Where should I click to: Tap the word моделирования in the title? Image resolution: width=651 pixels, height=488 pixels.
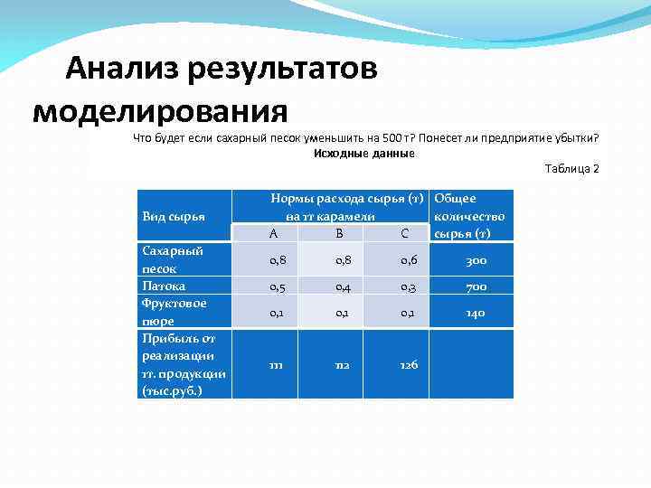tap(160, 111)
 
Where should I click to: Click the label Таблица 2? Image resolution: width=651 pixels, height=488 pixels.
tap(571, 169)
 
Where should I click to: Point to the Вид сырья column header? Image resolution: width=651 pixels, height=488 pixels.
tap(174, 216)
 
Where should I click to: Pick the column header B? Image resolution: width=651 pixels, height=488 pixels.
tap(339, 233)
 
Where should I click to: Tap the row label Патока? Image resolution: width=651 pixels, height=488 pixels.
tap(164, 286)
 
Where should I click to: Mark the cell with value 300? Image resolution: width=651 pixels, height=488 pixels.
tap(476, 260)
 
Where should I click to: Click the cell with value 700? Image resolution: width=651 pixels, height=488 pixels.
tap(476, 286)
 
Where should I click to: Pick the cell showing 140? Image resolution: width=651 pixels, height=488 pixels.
tap(476, 313)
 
